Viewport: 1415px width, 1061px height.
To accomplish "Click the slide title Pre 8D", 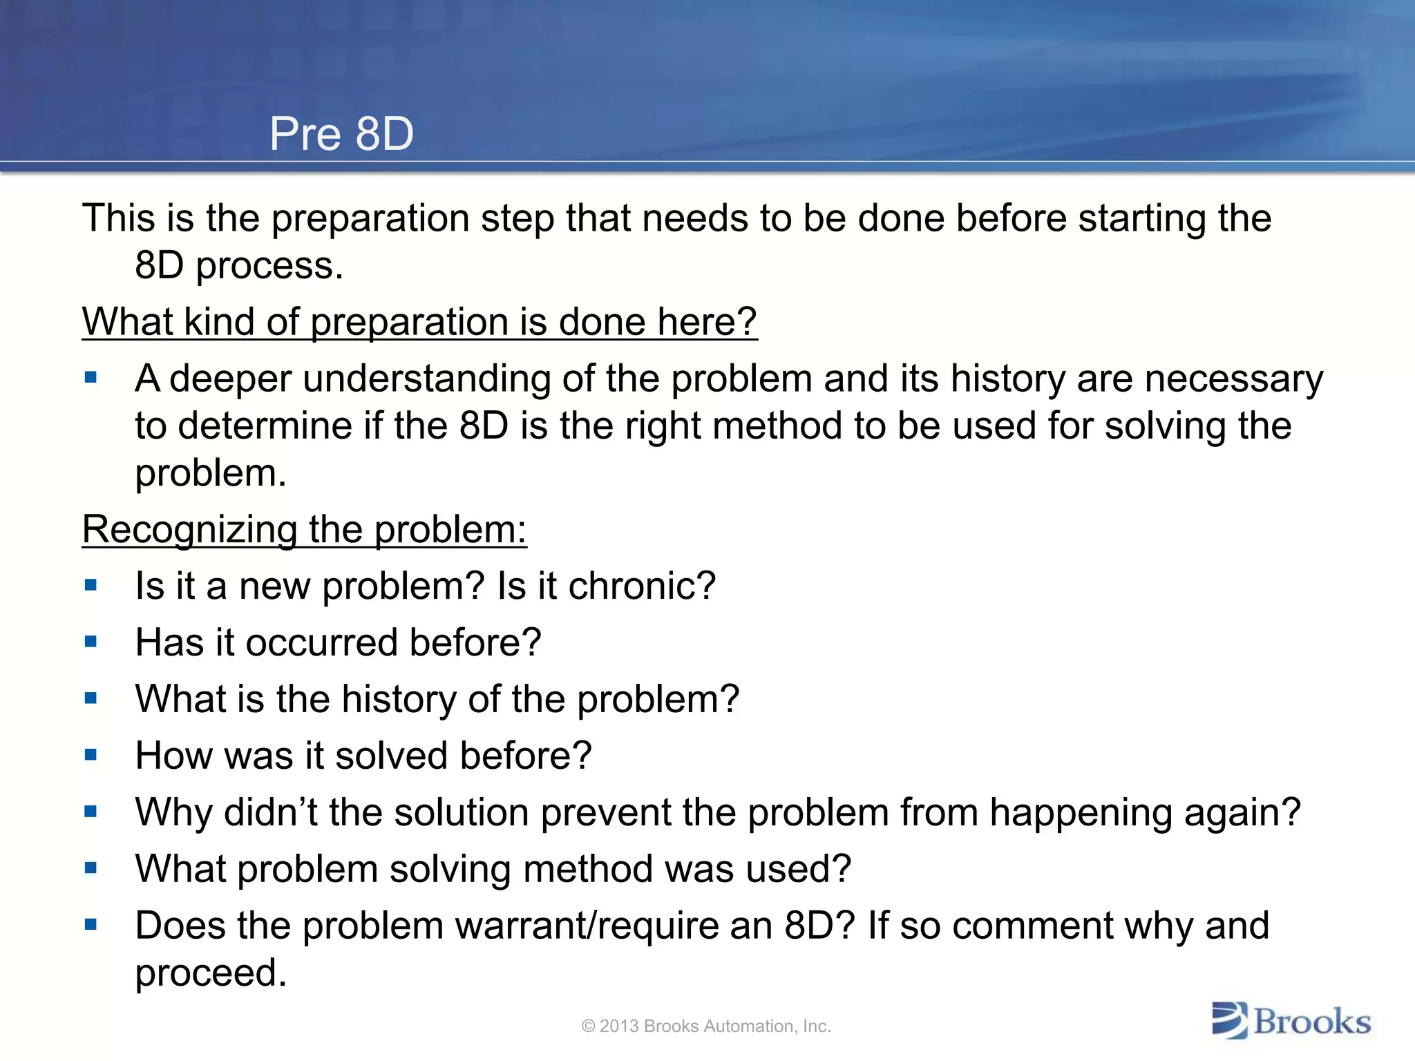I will click(341, 133).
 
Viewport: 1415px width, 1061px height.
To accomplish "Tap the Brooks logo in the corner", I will click(1291, 1021).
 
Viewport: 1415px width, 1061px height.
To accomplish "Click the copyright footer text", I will click(706, 1026).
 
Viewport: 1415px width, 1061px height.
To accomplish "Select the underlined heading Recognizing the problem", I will click(304, 530).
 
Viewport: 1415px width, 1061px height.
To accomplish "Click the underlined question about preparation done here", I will click(419, 322).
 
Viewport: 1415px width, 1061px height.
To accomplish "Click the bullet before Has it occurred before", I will click(91, 642).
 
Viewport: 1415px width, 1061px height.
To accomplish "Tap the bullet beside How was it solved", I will click(91, 755).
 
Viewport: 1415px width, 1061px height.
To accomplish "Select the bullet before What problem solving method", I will click(91, 868).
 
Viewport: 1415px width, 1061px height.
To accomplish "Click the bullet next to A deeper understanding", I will click(91, 378).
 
